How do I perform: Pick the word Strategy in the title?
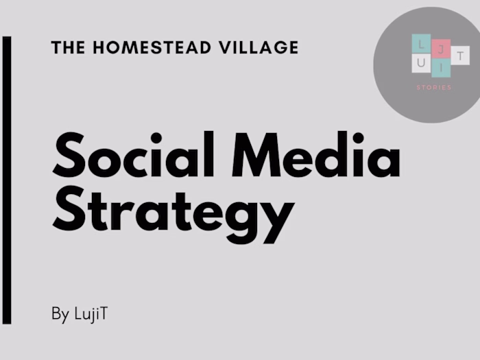(173, 209)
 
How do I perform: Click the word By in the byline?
(60, 315)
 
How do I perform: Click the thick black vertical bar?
(7, 180)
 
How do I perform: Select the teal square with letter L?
(421, 43)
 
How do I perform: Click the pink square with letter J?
(441, 47)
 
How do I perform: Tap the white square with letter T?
(460, 55)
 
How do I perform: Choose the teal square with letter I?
(441, 68)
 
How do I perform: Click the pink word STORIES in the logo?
(434, 88)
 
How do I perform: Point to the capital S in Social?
(69, 156)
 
